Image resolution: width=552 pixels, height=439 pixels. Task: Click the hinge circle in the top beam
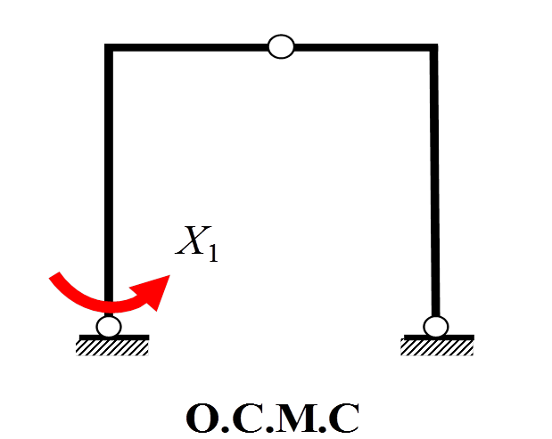click(281, 46)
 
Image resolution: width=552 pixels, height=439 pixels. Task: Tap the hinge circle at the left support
click(109, 327)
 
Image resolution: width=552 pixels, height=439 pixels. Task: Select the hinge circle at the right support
click(436, 327)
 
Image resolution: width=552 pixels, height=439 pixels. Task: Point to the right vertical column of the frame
click(434, 178)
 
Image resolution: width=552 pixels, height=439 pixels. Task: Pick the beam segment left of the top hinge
click(187, 46)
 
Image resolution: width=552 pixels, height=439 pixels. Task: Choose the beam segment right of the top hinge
click(357, 46)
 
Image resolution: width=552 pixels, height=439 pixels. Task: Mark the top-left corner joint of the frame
click(109, 47)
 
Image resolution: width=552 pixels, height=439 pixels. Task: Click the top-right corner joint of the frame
click(434, 47)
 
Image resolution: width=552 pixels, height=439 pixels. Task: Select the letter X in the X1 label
click(190, 240)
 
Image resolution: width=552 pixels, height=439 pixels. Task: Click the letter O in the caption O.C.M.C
click(203, 418)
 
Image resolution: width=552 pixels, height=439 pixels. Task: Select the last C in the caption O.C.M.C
click(344, 418)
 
